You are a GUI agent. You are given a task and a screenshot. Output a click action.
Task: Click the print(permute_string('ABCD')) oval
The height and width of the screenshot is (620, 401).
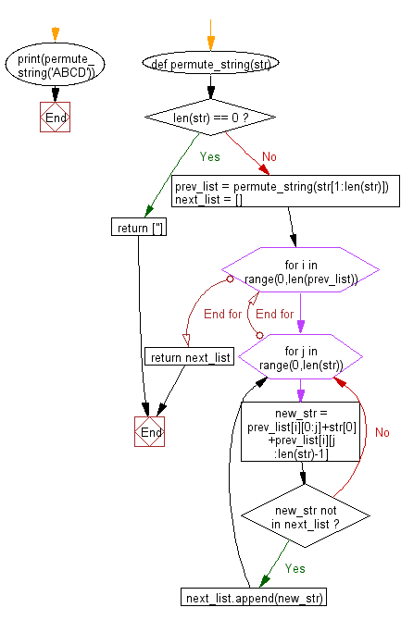(x=56, y=67)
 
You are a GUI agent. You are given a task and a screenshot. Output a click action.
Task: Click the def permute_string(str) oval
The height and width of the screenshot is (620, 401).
(x=210, y=66)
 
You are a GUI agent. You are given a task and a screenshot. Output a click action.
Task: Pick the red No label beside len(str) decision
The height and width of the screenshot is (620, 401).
(x=269, y=156)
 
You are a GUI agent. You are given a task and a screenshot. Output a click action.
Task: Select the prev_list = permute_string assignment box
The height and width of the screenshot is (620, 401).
(x=285, y=193)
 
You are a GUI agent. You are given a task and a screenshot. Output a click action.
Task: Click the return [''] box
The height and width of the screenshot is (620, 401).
(x=139, y=228)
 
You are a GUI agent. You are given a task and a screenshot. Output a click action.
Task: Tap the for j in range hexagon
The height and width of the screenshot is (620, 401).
(x=301, y=358)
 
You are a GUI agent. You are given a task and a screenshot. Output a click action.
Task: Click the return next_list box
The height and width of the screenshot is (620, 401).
(x=190, y=357)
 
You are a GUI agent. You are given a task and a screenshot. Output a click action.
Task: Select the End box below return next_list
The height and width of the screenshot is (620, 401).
(x=149, y=431)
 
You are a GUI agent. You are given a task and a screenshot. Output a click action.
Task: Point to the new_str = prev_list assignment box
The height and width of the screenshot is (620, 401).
(x=301, y=430)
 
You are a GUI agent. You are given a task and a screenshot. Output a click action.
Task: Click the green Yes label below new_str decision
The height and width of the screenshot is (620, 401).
(x=294, y=567)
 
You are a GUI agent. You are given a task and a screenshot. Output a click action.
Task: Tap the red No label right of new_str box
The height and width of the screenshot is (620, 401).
(x=382, y=432)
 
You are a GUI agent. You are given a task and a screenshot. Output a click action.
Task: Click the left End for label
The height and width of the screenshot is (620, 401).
(x=222, y=314)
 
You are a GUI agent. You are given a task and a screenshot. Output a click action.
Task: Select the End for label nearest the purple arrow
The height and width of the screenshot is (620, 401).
(x=274, y=314)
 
